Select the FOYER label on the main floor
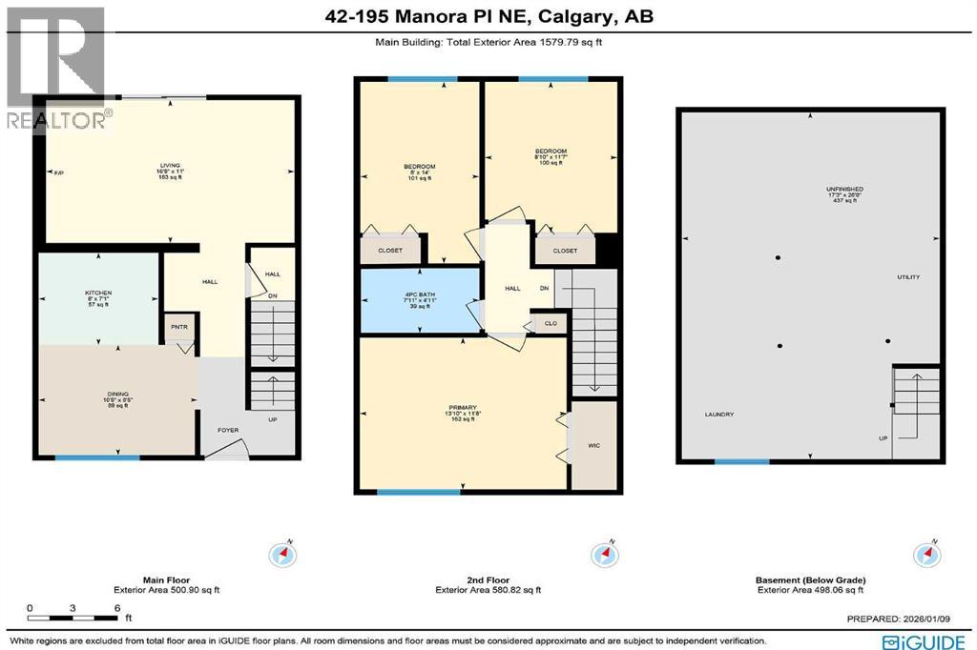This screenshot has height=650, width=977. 228,430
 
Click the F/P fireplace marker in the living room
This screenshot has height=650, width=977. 58,172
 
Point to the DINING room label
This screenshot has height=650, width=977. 116,400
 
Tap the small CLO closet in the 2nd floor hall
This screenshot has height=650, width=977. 551,323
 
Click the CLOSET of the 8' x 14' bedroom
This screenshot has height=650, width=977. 390,251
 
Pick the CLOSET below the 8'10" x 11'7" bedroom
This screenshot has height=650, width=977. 565,251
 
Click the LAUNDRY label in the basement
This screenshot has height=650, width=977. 719,415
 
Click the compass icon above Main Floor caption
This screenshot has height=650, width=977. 284,554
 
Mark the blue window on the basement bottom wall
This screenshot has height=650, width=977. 741,461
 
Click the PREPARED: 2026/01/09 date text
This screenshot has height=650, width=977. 906,620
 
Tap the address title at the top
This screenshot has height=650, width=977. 488,16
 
